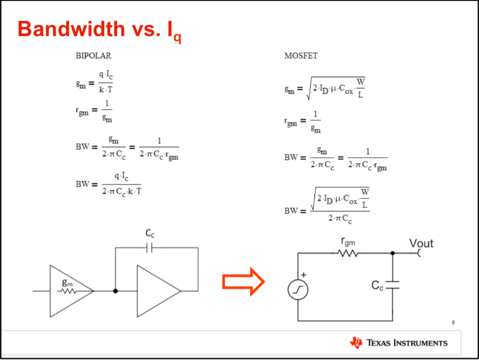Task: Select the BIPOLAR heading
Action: [93, 56]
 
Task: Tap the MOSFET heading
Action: [300, 56]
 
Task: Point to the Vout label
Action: [421, 243]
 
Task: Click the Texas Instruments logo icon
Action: [356, 343]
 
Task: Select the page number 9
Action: [453, 322]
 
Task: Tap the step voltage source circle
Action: [297, 291]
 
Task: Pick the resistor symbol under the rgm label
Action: [348, 253]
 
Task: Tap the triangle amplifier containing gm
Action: [69, 291]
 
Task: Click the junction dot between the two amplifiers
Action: [116, 291]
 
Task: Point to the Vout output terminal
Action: [419, 253]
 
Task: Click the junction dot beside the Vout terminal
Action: [392, 253]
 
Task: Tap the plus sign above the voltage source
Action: [303, 275]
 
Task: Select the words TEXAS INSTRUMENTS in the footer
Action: [407, 343]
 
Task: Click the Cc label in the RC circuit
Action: [377, 286]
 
